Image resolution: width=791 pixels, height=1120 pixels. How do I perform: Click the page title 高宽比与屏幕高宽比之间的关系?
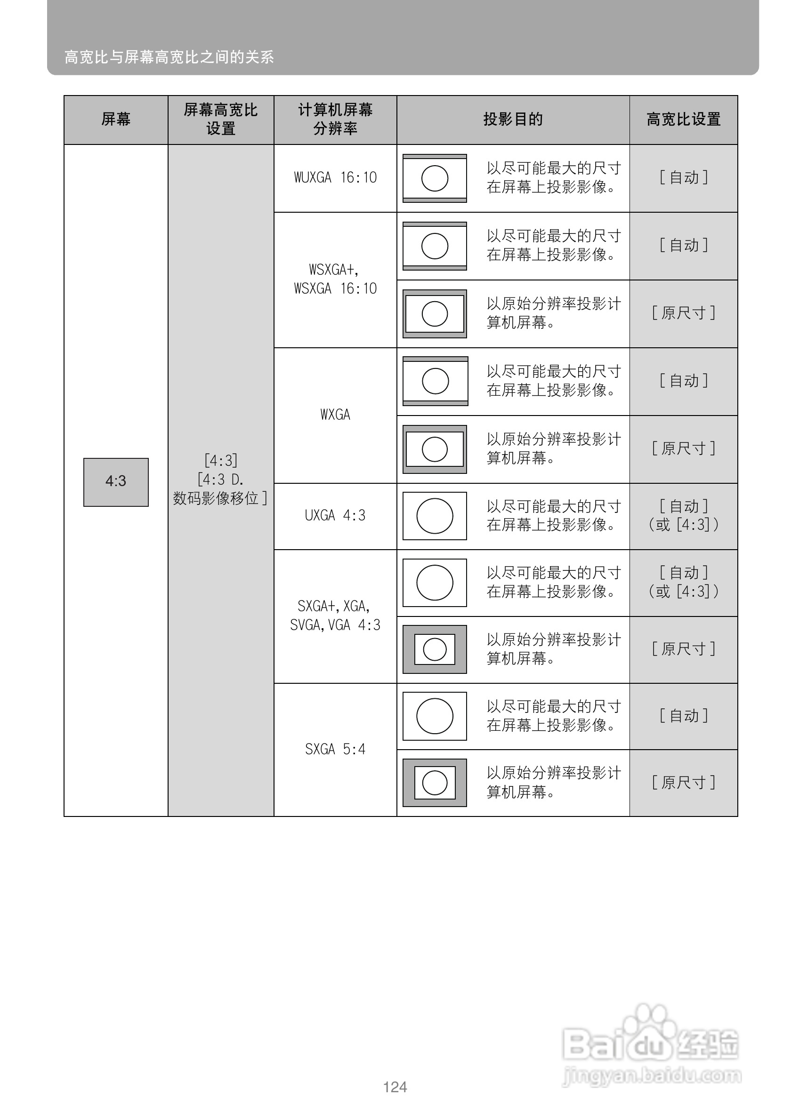(x=169, y=57)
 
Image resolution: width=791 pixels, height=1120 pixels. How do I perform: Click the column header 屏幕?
(x=116, y=120)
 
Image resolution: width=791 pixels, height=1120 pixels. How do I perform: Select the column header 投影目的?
(x=513, y=120)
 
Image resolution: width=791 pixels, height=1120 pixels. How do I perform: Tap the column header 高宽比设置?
(x=683, y=120)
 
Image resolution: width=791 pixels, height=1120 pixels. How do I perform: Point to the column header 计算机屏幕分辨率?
(x=335, y=120)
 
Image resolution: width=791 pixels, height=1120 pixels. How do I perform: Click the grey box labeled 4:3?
(x=116, y=482)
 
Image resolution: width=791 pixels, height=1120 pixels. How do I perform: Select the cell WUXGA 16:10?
(x=335, y=177)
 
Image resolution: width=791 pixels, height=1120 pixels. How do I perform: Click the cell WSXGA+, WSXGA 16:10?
(x=335, y=279)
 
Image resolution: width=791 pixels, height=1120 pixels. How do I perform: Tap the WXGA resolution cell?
(x=335, y=415)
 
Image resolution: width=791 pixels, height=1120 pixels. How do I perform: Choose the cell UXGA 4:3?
(x=335, y=516)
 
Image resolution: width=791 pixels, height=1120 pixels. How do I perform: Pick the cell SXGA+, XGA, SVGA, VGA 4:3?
(x=335, y=616)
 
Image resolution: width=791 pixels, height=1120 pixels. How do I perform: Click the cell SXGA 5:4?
(x=335, y=749)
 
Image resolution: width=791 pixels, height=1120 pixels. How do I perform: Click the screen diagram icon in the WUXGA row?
(x=434, y=178)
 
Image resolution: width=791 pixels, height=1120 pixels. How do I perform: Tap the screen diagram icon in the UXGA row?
(x=434, y=516)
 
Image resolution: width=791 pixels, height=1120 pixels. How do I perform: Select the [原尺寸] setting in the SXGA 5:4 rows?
(x=683, y=783)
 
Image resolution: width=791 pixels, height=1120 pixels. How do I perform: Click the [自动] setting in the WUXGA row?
(x=683, y=177)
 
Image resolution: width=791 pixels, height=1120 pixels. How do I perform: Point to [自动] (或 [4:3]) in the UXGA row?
(x=683, y=516)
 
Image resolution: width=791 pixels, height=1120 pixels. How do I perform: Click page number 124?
(x=395, y=1087)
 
